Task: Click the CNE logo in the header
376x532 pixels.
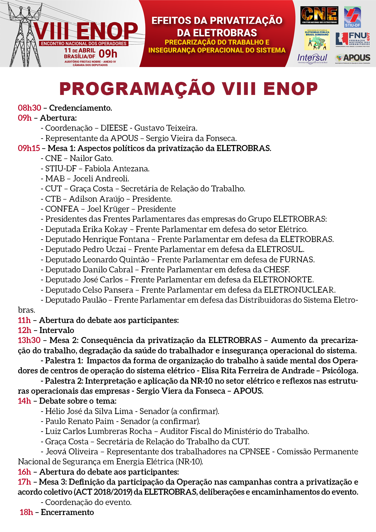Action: point(319,15)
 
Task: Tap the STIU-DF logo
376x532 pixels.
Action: point(352,17)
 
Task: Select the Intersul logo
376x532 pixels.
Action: point(312,58)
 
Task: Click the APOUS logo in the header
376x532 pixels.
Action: point(353,58)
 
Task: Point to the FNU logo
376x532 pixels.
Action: point(353,39)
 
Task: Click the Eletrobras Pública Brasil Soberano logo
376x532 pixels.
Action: point(317,39)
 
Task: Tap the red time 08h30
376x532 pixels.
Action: point(29,108)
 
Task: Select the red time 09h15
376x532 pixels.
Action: point(29,148)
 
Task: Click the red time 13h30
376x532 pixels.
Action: point(29,340)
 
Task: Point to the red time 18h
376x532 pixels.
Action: point(26,512)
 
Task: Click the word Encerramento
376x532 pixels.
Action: point(67,512)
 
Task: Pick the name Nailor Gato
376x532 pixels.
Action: point(91,158)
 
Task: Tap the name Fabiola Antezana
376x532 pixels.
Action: point(117,169)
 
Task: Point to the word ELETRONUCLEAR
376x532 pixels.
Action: point(299,290)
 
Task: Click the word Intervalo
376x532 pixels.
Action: point(57,330)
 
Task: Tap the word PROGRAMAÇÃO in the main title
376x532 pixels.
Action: point(137,89)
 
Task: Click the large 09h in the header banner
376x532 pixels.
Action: point(108,54)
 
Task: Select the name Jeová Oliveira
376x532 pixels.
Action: point(72,452)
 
